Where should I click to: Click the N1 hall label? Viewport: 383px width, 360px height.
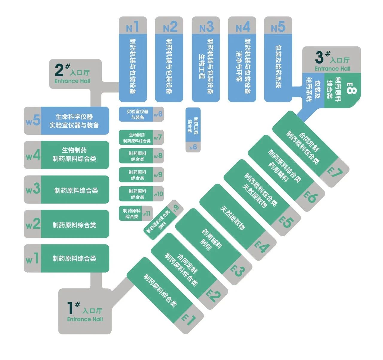click(x=133, y=27)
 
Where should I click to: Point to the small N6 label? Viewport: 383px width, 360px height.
click(x=193, y=147)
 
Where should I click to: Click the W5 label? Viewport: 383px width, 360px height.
click(x=33, y=121)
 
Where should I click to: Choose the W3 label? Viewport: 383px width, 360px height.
click(x=33, y=189)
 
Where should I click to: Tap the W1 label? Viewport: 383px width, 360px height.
click(x=32, y=258)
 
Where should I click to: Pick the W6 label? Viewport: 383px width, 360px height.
click(x=158, y=114)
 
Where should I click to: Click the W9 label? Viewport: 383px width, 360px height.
click(x=158, y=175)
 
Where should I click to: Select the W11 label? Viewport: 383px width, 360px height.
click(x=147, y=214)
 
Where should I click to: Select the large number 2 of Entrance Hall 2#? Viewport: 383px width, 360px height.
click(x=59, y=70)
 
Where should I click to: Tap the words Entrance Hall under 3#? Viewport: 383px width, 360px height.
click(x=332, y=69)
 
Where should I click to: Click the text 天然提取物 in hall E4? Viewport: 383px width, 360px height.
click(x=232, y=218)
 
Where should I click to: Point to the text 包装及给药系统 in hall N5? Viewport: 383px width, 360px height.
click(x=278, y=66)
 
